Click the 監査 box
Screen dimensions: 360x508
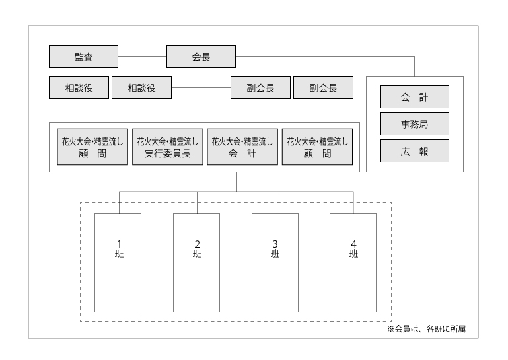tap(83, 57)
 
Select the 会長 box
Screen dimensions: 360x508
tap(201, 57)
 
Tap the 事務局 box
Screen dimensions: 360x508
tap(414, 124)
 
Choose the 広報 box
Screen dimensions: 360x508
tap(414, 151)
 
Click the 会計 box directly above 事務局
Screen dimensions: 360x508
tap(414, 96)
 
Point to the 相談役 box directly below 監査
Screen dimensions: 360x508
tap(79, 88)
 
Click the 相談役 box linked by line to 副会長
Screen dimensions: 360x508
tap(141, 88)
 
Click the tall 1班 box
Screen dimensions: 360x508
tap(118, 262)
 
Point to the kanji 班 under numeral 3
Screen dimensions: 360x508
tap(275, 254)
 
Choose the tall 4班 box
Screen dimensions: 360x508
tap(353, 262)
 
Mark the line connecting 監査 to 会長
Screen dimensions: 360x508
tap(142, 57)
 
